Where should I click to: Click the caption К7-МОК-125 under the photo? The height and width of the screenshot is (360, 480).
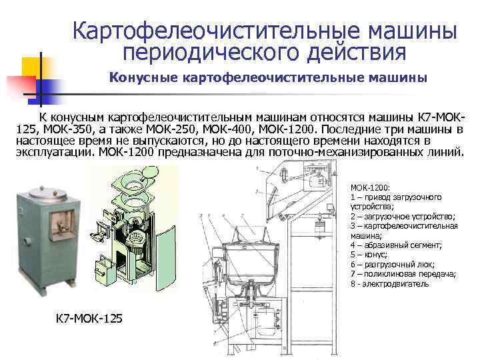click(89, 319)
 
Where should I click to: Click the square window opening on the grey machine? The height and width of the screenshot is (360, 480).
click(62, 225)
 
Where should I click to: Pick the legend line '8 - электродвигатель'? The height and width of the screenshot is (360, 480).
click(389, 284)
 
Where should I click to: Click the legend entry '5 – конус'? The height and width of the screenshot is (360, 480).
click(369, 255)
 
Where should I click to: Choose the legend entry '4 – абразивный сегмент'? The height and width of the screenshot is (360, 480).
click(396, 245)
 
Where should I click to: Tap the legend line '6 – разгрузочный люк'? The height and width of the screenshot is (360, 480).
click(393, 265)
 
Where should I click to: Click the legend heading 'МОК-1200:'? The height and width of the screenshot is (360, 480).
click(370, 187)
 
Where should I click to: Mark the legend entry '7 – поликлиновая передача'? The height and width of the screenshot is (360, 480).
click(403, 274)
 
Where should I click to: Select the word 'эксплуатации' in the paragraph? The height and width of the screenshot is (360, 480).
click(56, 153)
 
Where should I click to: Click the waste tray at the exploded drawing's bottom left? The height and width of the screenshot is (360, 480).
click(102, 269)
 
